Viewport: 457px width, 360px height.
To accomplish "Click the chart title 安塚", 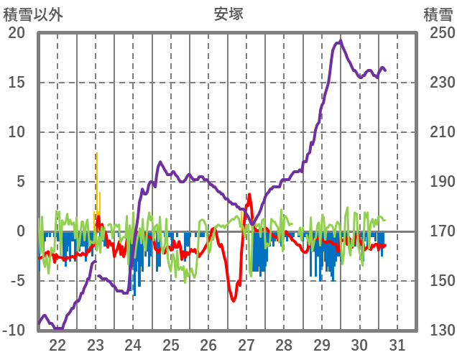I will tap(228, 14).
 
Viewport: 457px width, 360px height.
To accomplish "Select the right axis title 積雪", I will tap(438, 14).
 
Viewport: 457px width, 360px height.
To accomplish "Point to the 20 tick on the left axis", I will tap(16, 33).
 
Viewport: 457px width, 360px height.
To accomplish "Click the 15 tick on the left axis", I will tap(16, 83).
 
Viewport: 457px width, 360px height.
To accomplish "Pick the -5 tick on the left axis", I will tap(16, 281).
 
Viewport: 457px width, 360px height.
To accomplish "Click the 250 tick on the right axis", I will tap(438, 33).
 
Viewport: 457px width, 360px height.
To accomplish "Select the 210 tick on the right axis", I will tap(438, 132).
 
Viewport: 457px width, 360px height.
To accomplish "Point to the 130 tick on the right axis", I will tap(438, 331).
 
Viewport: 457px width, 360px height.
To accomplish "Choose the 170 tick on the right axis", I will tap(438, 231).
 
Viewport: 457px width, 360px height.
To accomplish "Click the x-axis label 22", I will tap(57, 345).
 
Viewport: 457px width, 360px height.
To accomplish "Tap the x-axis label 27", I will tap(246, 345).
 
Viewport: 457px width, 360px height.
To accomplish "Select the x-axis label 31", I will tap(397, 345).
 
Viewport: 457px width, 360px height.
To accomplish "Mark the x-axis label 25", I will tap(171, 345).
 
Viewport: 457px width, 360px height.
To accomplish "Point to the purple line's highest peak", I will tap(340, 42).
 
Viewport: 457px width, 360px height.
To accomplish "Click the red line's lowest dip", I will tap(234, 300).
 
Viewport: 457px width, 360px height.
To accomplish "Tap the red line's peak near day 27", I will tap(249, 195).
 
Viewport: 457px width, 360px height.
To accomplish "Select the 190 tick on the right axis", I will tap(438, 182).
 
